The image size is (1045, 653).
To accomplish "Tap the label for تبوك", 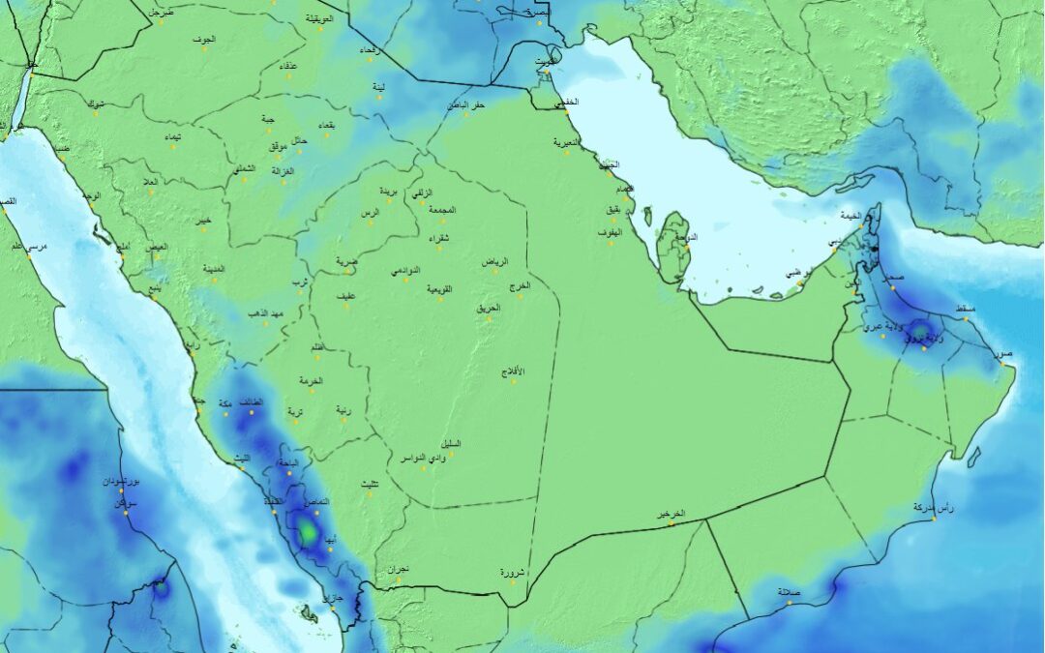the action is [96, 104].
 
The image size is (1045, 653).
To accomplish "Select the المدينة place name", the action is [214, 268].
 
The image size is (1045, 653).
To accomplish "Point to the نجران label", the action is [398, 570].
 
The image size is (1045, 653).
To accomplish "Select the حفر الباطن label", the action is [465, 104].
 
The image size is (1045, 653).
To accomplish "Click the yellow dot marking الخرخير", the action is [670, 525].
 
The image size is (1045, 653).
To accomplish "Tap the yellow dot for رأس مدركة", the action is [935, 519].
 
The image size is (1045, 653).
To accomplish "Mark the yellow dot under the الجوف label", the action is [205, 49].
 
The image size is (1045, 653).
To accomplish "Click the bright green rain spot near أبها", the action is [307, 530].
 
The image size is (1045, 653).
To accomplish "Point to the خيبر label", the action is [202, 221].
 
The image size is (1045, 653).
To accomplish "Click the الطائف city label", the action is [251, 401].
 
